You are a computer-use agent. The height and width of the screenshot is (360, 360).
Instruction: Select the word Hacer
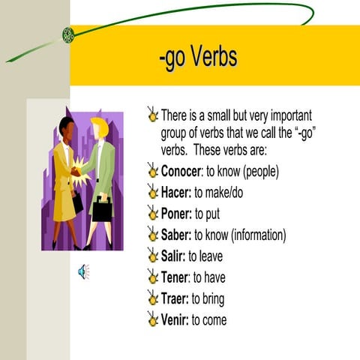(x=175, y=193)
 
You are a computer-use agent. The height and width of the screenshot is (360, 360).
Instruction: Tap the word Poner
(x=177, y=214)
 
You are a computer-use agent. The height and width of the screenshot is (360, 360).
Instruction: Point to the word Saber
(x=176, y=235)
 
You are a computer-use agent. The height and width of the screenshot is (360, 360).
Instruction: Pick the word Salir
(x=173, y=256)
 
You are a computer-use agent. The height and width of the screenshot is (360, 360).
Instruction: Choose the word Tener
(x=175, y=277)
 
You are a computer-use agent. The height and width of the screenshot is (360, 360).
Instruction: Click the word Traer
(x=175, y=298)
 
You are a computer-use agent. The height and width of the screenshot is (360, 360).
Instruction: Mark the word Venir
(x=174, y=319)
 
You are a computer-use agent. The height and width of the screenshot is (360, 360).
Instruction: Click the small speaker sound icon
(x=83, y=271)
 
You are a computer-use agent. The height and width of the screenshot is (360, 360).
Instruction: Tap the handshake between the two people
(x=76, y=171)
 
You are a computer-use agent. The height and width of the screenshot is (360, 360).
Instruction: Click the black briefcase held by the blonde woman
(x=102, y=209)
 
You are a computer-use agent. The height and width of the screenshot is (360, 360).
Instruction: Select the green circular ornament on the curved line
(x=68, y=34)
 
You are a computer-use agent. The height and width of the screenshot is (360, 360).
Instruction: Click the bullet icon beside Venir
(x=153, y=319)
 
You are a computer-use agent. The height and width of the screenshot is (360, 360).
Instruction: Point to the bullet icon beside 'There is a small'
(x=153, y=116)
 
